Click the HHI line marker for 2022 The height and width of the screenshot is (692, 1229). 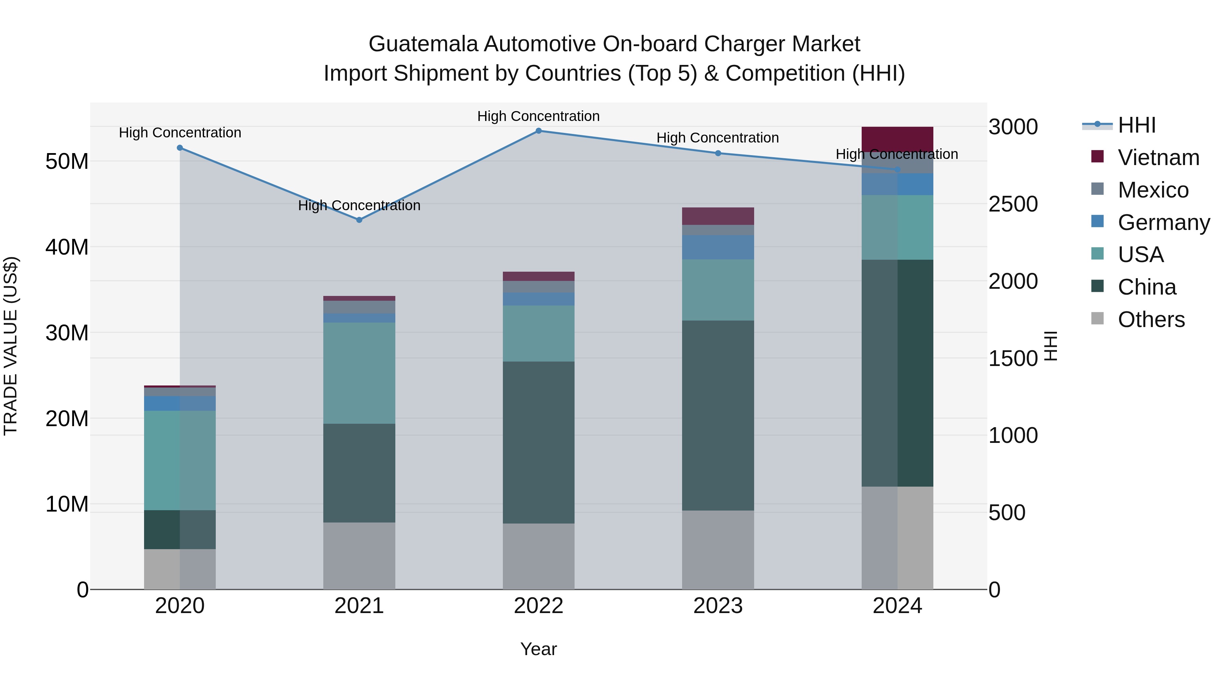pyautogui.click(x=539, y=131)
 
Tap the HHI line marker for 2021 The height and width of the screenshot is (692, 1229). pyautogui.click(x=359, y=220)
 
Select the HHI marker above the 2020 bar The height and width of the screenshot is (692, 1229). pyautogui.click(x=180, y=148)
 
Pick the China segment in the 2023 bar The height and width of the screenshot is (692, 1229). pyautogui.click(x=718, y=416)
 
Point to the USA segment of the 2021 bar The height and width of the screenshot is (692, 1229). pyautogui.click(x=359, y=373)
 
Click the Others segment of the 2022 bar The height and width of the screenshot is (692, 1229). pyautogui.click(x=539, y=556)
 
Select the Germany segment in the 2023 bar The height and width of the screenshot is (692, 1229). pyautogui.click(x=718, y=247)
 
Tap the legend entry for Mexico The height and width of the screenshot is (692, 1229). pyautogui.click(x=1153, y=190)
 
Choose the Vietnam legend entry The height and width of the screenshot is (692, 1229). pyautogui.click(x=1158, y=158)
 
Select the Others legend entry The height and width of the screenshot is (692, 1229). pyautogui.click(x=1151, y=320)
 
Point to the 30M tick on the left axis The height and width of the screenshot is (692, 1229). pyautogui.click(x=67, y=333)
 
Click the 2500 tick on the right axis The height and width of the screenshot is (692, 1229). pyautogui.click(x=1013, y=204)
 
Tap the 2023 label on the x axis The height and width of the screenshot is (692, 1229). pyautogui.click(x=718, y=606)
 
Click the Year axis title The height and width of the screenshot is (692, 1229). pyautogui.click(x=539, y=649)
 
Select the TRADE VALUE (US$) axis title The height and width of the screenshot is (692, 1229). pyautogui.click(x=11, y=346)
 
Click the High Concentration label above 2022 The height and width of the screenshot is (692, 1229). pyautogui.click(x=539, y=116)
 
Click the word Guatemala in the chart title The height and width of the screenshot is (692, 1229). pyautogui.click(x=423, y=44)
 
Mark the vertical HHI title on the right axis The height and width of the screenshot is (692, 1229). pyautogui.click(x=1051, y=346)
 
